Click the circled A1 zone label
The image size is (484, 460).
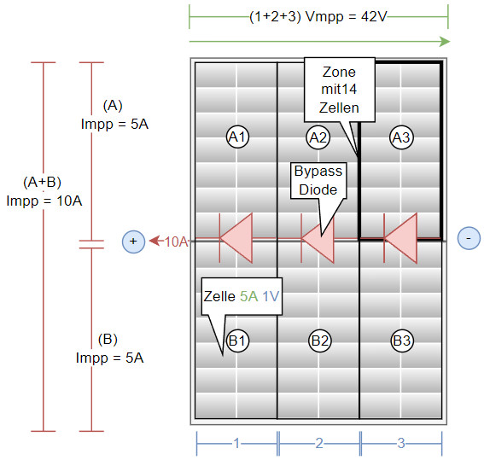237,137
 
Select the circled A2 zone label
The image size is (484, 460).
318,137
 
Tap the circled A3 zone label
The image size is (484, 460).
401,137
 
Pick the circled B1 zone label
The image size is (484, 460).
237,341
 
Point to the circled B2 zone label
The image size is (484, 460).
320,341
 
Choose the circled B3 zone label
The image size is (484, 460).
402,341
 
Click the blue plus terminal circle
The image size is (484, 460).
133,242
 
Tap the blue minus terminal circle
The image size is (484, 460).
469,238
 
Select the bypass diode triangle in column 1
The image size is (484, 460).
236,238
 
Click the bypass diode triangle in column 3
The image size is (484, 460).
401,238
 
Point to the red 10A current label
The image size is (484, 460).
176,242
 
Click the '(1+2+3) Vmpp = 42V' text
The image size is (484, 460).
318,16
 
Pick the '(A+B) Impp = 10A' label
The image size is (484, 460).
44,191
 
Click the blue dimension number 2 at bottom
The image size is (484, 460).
319,443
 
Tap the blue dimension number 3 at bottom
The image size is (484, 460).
401,443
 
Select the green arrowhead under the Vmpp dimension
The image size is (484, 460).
445,41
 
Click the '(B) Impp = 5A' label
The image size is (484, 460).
109,348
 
